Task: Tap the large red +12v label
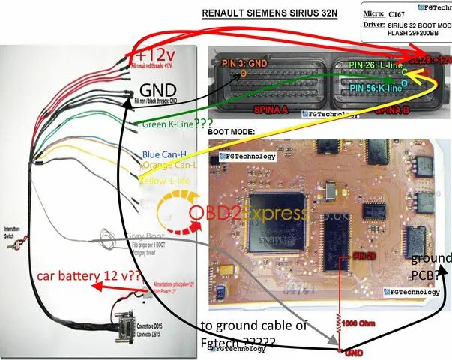(154, 55)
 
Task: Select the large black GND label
(159, 89)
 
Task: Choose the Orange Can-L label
(169, 166)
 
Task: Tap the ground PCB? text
(430, 266)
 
